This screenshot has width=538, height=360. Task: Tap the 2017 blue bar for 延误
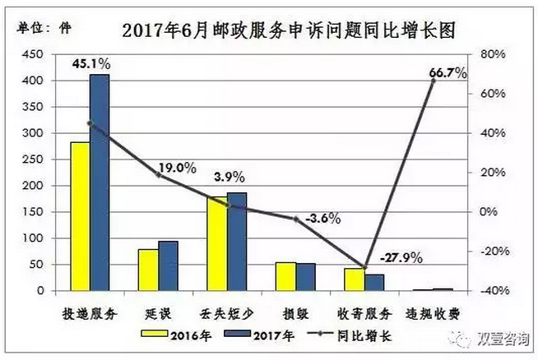[168, 265]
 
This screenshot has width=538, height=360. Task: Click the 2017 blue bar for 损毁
[304, 277]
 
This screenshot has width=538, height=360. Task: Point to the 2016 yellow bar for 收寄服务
[353, 279]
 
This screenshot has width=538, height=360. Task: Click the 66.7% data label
[448, 73]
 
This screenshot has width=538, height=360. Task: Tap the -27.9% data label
[401, 257]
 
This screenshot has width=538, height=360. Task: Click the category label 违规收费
[432, 314]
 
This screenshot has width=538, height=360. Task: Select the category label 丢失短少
[225, 314]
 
